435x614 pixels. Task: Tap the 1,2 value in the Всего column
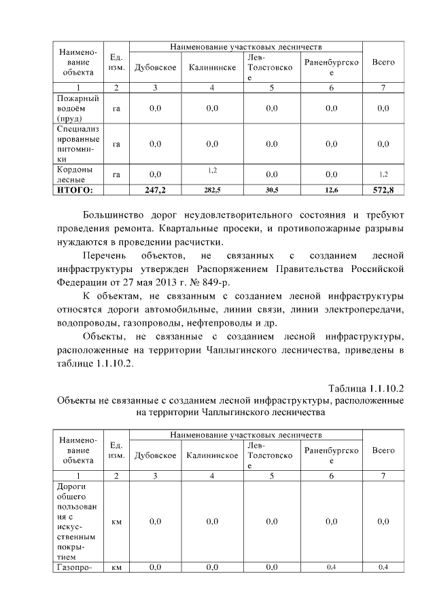384,174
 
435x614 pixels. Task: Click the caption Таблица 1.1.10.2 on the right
366,388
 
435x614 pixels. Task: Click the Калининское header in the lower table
212,455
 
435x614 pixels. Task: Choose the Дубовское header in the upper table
155,67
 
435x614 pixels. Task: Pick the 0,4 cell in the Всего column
384,567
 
